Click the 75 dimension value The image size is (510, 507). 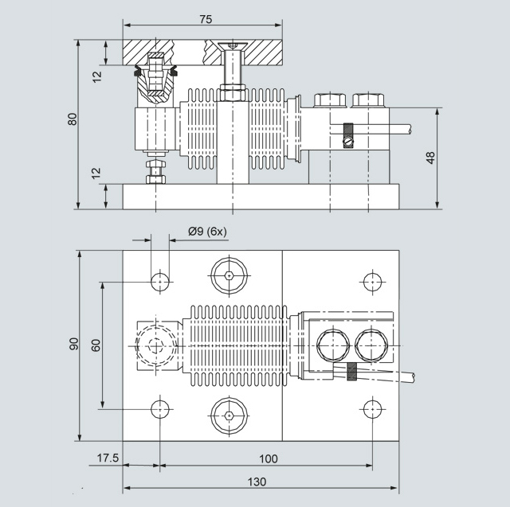[x=206, y=18]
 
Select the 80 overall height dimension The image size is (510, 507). [x=72, y=119]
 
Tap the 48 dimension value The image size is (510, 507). [x=430, y=157]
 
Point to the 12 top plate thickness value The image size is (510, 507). [x=96, y=76]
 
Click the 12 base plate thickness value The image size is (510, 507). [x=96, y=173]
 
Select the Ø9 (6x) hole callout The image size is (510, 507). [x=207, y=232]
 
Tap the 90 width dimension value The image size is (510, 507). [x=73, y=344]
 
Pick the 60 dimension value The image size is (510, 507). [x=96, y=345]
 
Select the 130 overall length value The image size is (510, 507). [x=256, y=482]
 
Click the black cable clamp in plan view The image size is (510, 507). [x=352, y=370]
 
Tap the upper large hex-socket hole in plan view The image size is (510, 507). [x=229, y=276]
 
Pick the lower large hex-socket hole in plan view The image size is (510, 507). [x=229, y=415]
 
